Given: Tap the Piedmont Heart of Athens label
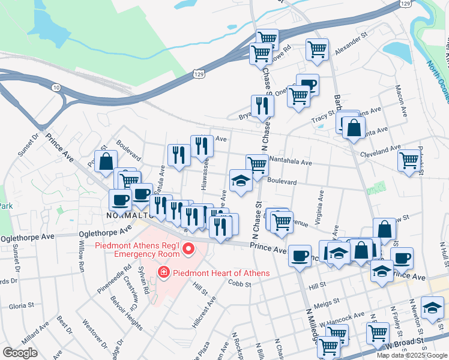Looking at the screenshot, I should click(x=220, y=273).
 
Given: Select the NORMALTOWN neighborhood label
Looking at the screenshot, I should click(x=127, y=215).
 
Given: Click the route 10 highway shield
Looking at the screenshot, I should click(x=56, y=88).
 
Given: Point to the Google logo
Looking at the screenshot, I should click(x=20, y=353).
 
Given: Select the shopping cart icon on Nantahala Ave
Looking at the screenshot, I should click(x=257, y=164).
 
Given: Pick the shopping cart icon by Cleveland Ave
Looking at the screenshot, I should click(x=409, y=160).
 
